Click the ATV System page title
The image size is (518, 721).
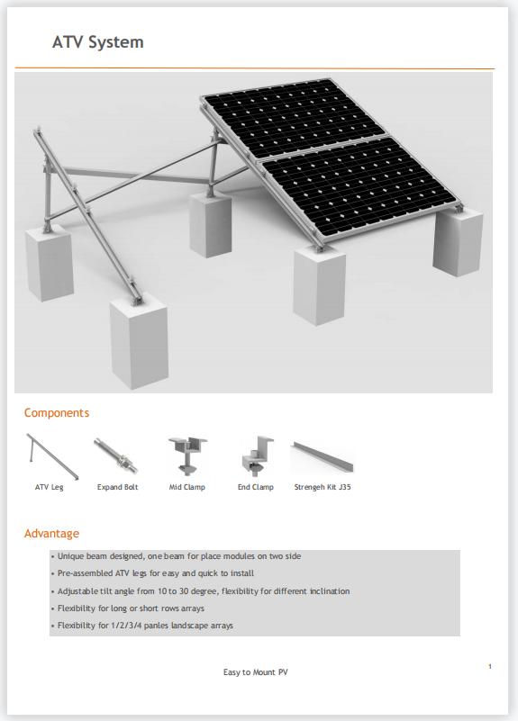click(x=97, y=42)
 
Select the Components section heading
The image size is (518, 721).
click(x=57, y=413)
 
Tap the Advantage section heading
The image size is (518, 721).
click(x=51, y=534)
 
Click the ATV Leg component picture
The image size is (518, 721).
click(x=50, y=456)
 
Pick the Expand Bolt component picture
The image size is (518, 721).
click(x=115, y=456)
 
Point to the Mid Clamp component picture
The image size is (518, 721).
click(x=186, y=456)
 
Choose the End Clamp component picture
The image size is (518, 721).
click(x=254, y=456)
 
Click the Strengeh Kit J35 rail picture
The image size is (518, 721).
click(x=322, y=456)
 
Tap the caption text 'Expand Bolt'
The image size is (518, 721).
click(x=117, y=487)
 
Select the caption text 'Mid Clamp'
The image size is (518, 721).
click(x=187, y=487)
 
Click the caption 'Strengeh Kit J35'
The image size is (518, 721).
click(x=323, y=487)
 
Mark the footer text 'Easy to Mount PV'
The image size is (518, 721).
click(x=256, y=672)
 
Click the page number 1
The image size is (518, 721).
click(x=489, y=666)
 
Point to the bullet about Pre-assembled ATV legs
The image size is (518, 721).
click(x=155, y=573)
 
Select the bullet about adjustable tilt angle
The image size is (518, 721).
click(x=203, y=591)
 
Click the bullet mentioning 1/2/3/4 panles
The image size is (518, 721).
click(x=145, y=626)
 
